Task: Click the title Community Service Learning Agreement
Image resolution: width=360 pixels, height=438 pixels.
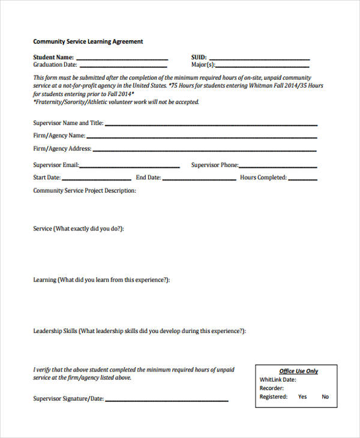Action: (88, 41)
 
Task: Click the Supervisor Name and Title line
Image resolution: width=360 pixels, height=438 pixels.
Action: (211, 125)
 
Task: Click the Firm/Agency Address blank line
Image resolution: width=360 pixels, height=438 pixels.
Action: (205, 150)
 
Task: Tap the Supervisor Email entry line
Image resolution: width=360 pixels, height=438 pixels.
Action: (130, 167)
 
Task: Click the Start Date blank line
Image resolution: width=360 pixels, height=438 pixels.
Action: (96, 179)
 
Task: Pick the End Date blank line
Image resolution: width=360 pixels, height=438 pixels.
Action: (199, 179)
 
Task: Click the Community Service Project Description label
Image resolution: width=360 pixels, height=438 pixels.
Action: (85, 190)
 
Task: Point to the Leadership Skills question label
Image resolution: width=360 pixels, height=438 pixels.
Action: (139, 331)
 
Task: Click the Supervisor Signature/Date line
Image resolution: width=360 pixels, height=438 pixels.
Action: (167, 400)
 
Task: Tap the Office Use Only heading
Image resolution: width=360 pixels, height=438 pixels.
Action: (299, 371)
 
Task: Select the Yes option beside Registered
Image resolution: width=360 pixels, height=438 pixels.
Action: (302, 397)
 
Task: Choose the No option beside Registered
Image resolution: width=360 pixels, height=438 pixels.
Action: (325, 397)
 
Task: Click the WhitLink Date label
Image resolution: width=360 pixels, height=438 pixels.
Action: (277, 380)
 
